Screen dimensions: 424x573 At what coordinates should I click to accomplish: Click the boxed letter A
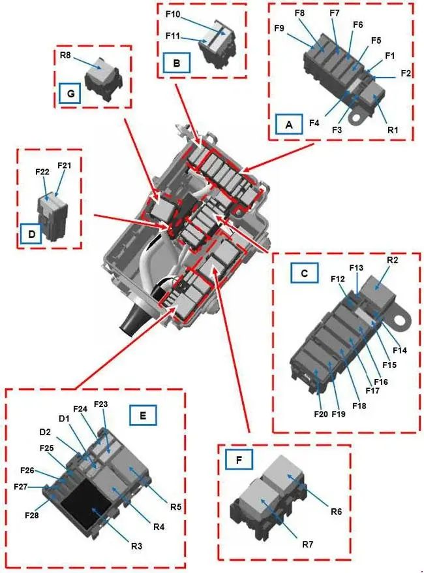pos(289,124)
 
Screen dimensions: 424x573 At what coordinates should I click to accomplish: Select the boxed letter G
pos(70,93)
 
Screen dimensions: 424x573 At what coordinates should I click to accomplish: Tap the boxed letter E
pos(143,415)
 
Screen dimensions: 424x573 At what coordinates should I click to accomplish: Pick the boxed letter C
pos(305,272)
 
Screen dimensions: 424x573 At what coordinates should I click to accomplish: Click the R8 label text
pos(66,56)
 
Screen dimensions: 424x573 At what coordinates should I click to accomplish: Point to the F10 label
pos(173,14)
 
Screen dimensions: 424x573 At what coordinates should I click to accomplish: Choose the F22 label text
pos(42,172)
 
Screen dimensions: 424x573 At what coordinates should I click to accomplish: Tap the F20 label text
pos(322,414)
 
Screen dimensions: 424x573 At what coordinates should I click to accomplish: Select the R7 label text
pos(308,544)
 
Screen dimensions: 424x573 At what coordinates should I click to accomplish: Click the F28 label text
pos(32,515)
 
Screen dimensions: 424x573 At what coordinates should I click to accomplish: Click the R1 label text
pos(393,129)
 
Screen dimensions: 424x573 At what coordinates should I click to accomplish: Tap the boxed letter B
pos(177,63)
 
